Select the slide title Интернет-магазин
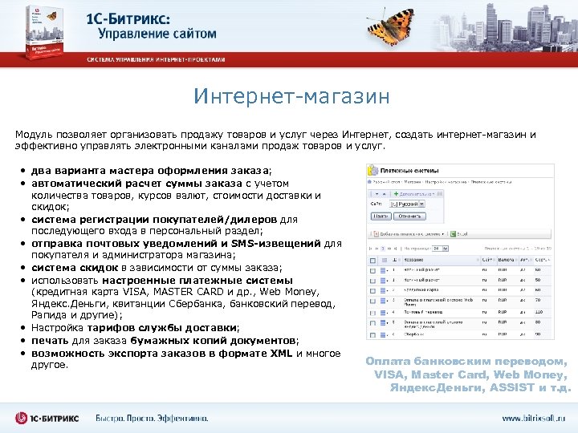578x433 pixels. (291, 97)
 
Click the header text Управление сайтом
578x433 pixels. (157, 34)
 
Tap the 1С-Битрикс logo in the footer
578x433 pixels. (49, 418)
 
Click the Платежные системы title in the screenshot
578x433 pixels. (413, 171)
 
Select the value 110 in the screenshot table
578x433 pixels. (539, 312)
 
